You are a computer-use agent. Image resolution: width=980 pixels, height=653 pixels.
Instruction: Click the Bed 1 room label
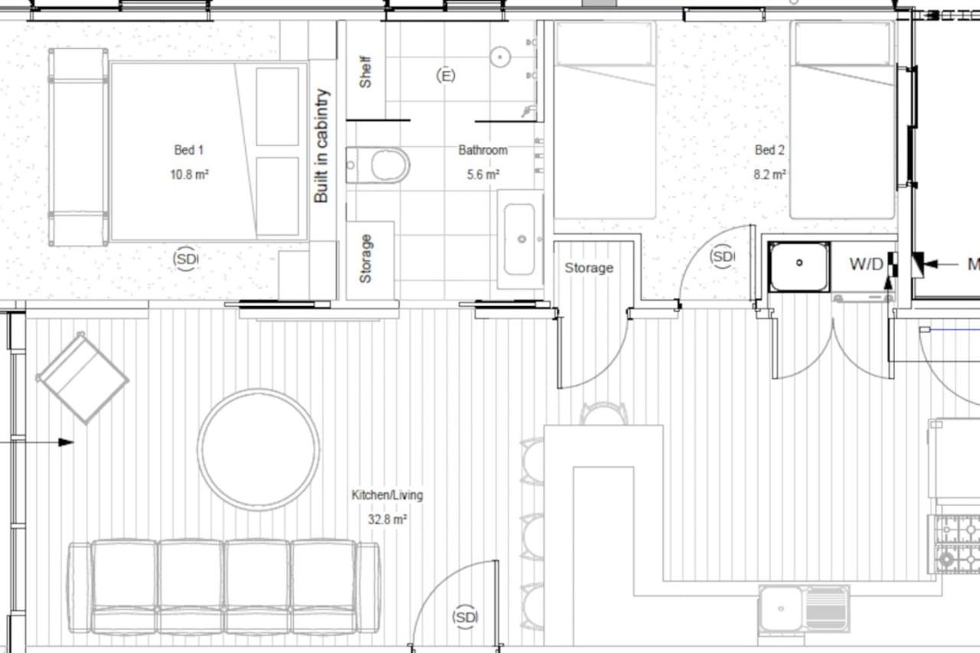pos(188,150)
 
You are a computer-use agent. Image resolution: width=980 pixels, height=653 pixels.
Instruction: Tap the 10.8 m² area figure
pos(189,175)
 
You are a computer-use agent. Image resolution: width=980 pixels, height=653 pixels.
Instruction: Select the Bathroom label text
pos(483,150)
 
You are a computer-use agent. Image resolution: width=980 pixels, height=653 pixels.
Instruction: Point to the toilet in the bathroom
pos(378,165)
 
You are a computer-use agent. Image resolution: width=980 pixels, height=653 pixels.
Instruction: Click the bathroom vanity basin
pos(519,240)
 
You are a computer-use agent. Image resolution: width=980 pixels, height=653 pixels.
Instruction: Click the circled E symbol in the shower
pos(446,76)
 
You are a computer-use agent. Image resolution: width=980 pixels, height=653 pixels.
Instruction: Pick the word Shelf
pos(365,72)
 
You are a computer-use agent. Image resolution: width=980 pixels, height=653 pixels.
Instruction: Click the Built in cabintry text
pos(321,146)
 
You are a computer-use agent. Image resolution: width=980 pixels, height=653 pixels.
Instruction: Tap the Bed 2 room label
pos(769,150)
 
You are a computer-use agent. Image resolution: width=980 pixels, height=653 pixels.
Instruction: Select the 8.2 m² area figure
pos(769,175)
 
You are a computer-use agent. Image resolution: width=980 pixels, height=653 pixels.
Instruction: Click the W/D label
pos(866,264)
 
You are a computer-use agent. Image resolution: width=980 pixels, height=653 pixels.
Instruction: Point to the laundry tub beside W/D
pos(799,267)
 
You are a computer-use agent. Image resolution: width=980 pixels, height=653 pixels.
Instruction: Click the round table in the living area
pos(258,449)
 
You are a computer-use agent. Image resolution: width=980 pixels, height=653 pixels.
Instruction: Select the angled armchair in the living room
pos(82,378)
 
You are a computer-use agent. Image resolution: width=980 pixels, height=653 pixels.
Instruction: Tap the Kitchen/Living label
pos(387,495)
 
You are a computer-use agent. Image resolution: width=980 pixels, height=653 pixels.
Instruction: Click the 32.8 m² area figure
pos(387,520)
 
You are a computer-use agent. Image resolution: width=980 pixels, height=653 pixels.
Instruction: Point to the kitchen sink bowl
pos(781,609)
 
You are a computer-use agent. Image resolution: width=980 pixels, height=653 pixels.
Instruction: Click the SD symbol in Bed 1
pos(185,259)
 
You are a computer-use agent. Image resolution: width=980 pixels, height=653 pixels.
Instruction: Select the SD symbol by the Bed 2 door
pos(722,256)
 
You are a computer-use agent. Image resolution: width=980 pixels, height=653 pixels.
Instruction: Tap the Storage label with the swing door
pos(589,268)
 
